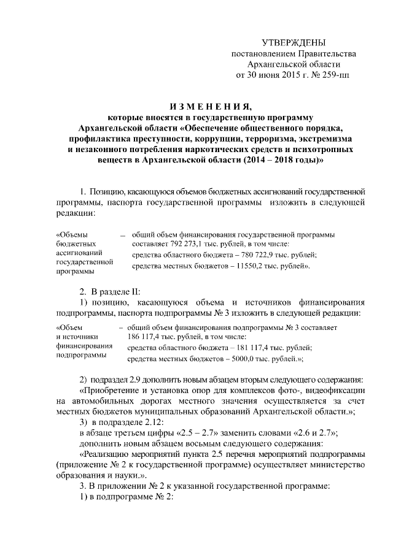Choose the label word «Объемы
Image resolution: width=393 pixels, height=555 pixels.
[x=72, y=234]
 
